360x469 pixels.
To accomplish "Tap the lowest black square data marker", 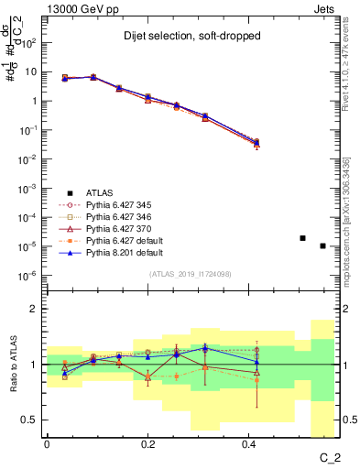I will point(322,245).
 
